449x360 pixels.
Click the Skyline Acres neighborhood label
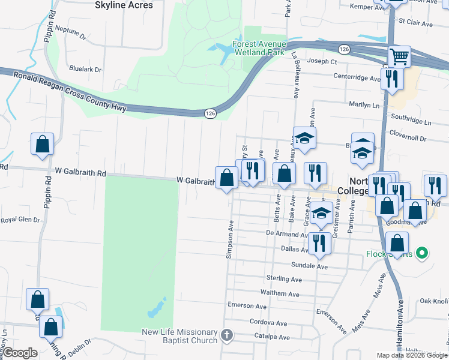(x=124, y=5)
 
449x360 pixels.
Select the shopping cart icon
(x=399, y=57)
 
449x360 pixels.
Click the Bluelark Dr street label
(x=85, y=70)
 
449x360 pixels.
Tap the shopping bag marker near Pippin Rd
(x=42, y=145)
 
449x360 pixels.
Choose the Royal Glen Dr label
(x=19, y=220)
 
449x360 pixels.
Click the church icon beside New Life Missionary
(x=226, y=335)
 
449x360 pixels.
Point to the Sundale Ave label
(x=309, y=265)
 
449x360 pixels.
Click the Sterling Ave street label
(x=284, y=279)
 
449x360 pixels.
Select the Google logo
(x=20, y=353)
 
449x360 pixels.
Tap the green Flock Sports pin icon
(x=421, y=253)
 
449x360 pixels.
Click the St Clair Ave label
(x=420, y=24)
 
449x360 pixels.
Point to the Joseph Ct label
(x=322, y=61)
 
